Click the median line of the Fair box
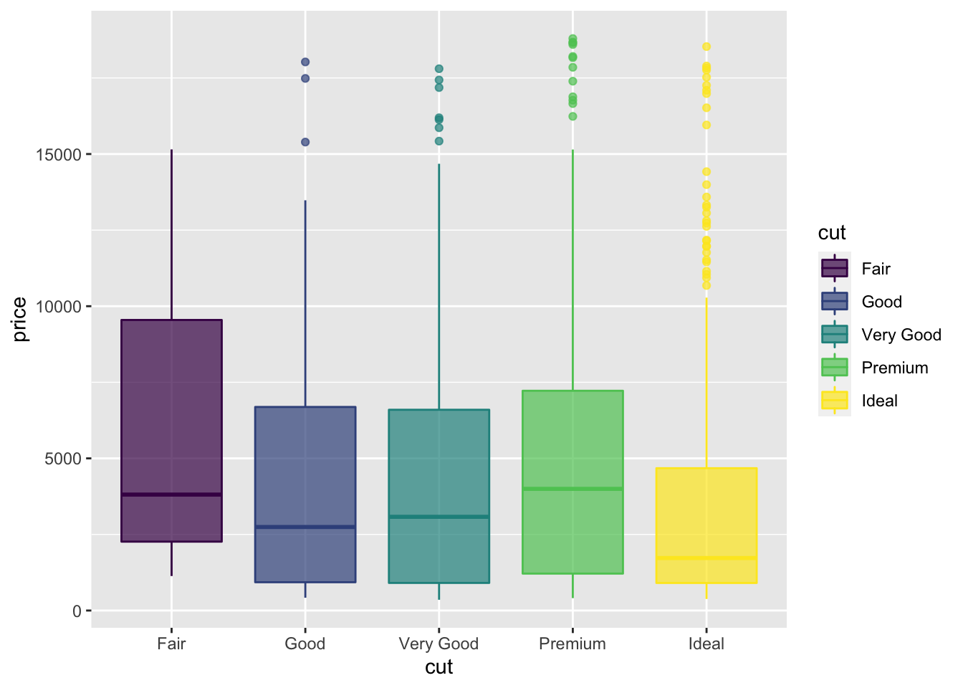pyautogui.click(x=171, y=494)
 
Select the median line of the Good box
pyautogui.click(x=305, y=527)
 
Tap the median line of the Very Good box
pyautogui.click(x=439, y=516)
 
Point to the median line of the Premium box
pyautogui.click(x=572, y=489)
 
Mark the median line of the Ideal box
pyautogui.click(x=706, y=558)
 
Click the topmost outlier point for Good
pyautogui.click(x=305, y=62)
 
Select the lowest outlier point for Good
pyautogui.click(x=305, y=142)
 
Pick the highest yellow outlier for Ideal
pyautogui.click(x=706, y=47)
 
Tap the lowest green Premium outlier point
pyautogui.click(x=572, y=116)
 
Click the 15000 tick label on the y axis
pyautogui.click(x=58, y=155)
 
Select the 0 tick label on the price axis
pyautogui.click(x=77, y=611)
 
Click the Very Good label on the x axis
pyautogui.click(x=439, y=644)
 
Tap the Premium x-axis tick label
pyautogui.click(x=572, y=644)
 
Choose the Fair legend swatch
pyautogui.click(x=835, y=269)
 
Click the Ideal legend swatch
pyautogui.click(x=835, y=401)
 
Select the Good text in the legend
pyautogui.click(x=881, y=302)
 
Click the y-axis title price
pyautogui.click(x=20, y=319)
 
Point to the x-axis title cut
pyautogui.click(x=439, y=668)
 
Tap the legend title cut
pyautogui.click(x=832, y=233)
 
